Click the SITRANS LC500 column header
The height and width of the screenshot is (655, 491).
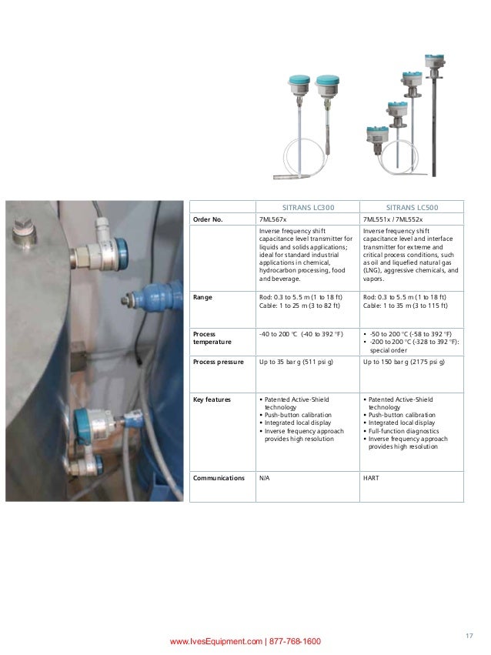(413, 207)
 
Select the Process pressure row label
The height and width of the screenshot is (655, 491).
(218, 362)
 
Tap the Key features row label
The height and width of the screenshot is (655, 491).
(212, 399)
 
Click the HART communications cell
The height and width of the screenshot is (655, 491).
(370, 476)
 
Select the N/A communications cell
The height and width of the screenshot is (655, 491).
(264, 476)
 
